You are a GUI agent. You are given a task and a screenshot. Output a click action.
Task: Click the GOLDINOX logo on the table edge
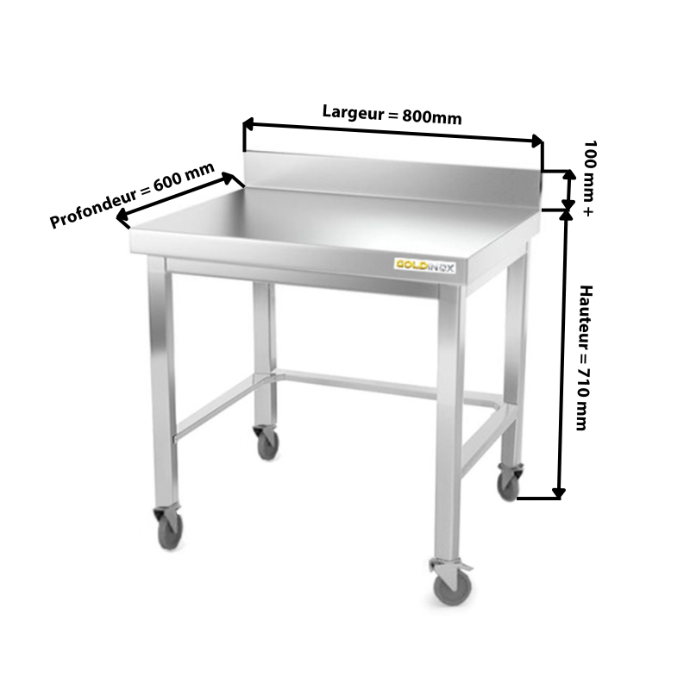pos(424,266)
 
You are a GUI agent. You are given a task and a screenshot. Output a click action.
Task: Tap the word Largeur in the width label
pos(354,113)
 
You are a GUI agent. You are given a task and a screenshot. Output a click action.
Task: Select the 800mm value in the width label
pos(432,117)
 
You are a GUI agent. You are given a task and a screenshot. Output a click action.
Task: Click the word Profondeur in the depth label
pos(93,208)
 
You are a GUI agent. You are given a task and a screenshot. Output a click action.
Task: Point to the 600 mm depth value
pos(184,177)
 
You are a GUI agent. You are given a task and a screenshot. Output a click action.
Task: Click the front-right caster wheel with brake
pos(452,582)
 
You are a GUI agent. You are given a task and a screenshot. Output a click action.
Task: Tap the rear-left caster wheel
pos(267,442)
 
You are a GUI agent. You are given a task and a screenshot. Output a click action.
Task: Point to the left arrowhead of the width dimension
pos(248,124)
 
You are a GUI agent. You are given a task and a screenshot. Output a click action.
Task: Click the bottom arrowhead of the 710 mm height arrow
pos(559,493)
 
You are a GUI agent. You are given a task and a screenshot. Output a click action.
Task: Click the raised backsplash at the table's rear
pos(392,179)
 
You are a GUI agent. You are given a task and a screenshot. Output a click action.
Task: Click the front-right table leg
pos(448,423)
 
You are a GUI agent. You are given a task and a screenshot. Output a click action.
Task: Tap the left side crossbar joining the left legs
pos(215,407)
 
